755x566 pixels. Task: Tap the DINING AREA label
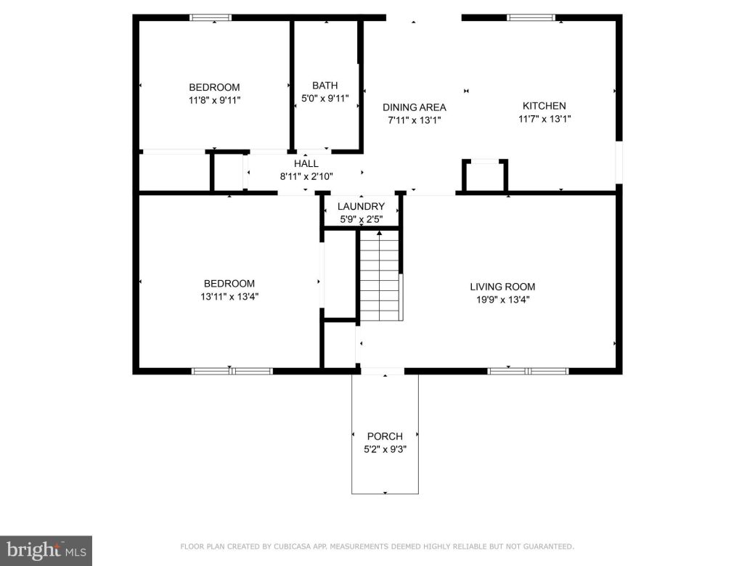[415, 107]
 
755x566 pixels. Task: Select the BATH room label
[325, 86]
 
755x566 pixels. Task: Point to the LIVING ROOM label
[502, 287]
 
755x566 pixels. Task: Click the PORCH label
[385, 437]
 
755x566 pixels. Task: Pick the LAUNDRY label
[361, 207]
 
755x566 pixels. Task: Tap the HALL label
[306, 164]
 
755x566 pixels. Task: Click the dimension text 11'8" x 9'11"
[214, 100]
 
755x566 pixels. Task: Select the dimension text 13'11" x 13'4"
[229, 296]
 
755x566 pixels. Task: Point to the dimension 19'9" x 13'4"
[502, 299]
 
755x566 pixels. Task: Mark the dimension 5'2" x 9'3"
[385, 449]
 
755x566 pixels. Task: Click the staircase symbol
[380, 276]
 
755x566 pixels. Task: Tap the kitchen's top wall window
[531, 17]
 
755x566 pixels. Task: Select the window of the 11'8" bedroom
[211, 17]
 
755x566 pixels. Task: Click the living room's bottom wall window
[528, 371]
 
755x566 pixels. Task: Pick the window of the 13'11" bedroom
[232, 371]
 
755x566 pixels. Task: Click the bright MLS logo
[45, 550]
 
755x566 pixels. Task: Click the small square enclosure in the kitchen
[485, 176]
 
